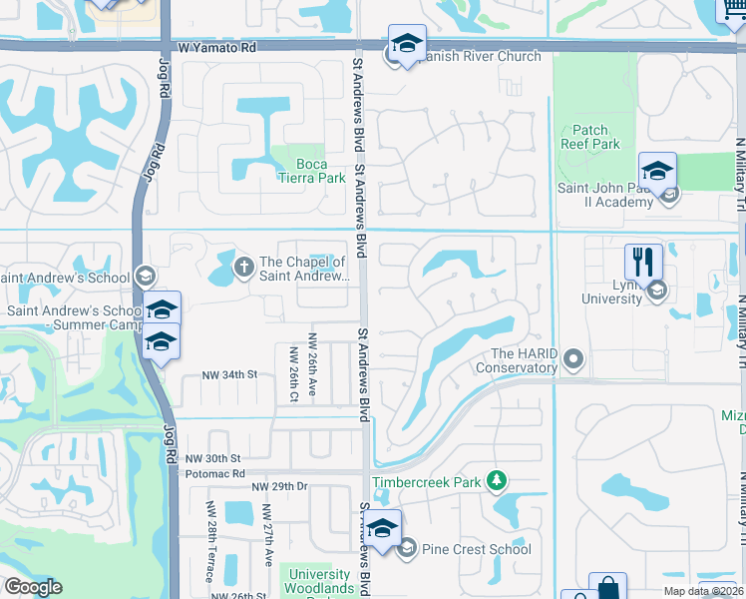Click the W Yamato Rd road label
pos(218,47)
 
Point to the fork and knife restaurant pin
pos(643,263)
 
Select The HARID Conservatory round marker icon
pos(573,357)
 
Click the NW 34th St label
pos(229,374)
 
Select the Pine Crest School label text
pos(476,548)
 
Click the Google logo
pos(32,587)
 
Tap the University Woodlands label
pos(318,581)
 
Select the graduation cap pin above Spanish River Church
pos(406,44)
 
